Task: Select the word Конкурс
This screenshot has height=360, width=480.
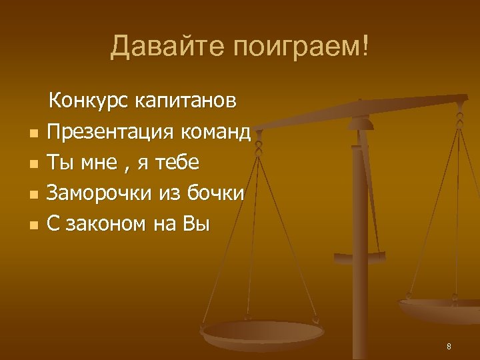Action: click(x=89, y=101)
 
